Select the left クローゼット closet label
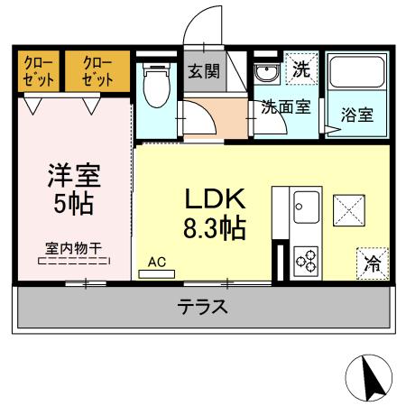coord(38,70)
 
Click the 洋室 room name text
coord(75,173)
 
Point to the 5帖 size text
coord(75,203)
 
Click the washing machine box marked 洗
coord(300,68)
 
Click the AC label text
coord(158,263)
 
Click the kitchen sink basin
coord(304,209)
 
